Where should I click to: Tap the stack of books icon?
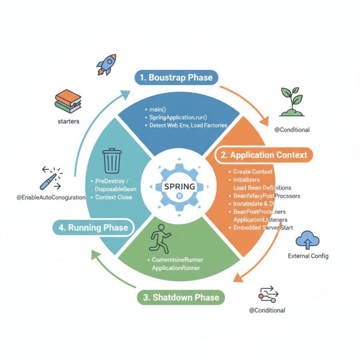coord(68,100)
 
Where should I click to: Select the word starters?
coord(68,121)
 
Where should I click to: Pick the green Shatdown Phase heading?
coord(181,298)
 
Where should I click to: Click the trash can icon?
coord(112,160)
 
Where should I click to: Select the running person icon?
coord(158,239)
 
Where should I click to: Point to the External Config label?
coord(308,256)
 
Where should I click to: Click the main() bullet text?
coord(162,109)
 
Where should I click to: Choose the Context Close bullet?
coord(113,197)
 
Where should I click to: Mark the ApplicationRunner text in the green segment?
coord(176,268)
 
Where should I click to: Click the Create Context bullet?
coord(253,172)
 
